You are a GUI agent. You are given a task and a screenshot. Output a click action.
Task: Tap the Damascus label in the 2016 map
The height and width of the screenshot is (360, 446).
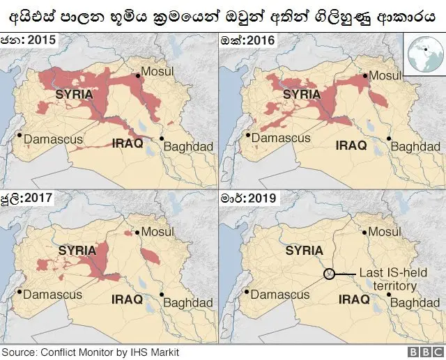[280, 138]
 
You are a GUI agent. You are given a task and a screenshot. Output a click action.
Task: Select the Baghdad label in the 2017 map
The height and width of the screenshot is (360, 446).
[187, 303]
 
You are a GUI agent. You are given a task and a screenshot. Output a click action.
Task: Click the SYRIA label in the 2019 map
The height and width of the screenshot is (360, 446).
[304, 251]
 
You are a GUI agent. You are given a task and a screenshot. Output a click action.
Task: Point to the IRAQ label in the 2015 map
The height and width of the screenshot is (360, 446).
[128, 143]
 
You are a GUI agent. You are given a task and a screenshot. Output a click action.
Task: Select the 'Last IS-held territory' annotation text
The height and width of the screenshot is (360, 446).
[387, 280]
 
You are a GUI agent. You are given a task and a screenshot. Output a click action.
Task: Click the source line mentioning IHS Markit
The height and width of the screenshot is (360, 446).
[91, 352]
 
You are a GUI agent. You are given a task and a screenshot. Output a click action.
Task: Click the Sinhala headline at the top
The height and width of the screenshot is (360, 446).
[223, 15]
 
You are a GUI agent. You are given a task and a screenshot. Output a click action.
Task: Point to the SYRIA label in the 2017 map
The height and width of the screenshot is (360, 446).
[77, 249]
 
